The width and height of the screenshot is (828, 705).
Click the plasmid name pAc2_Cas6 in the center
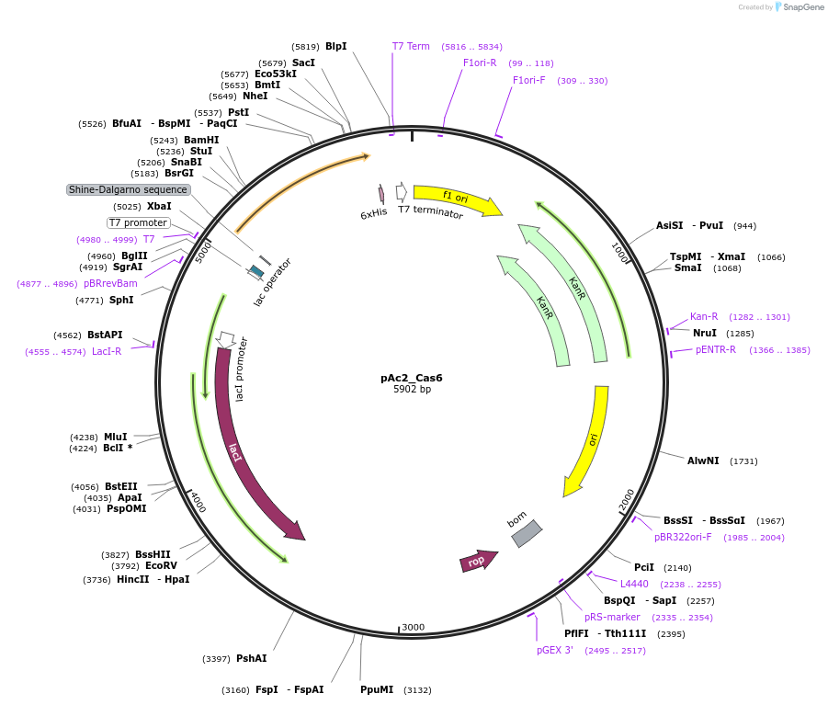[x=412, y=377]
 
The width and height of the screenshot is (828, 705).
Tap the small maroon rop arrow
[x=478, y=561]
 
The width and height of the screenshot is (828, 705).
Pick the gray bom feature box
[x=527, y=534]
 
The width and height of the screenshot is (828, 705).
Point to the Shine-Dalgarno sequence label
[x=128, y=190]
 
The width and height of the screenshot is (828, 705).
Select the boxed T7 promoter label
[x=139, y=222]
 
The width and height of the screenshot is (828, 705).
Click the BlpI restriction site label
[x=335, y=46]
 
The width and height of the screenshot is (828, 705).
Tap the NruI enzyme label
[x=705, y=333]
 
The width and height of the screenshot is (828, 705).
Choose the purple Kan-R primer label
[x=704, y=317]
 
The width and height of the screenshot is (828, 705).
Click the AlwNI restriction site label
[x=703, y=461]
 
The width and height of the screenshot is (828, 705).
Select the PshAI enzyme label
[x=251, y=658]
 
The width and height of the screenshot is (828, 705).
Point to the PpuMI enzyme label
[x=377, y=689]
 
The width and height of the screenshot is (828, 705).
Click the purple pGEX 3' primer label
[x=555, y=650]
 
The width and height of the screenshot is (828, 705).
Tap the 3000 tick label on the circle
[x=413, y=627]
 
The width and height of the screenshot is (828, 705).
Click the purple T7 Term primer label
[x=411, y=46]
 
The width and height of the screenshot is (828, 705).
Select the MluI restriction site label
[x=115, y=437]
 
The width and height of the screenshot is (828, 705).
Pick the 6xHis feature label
[x=373, y=212]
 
